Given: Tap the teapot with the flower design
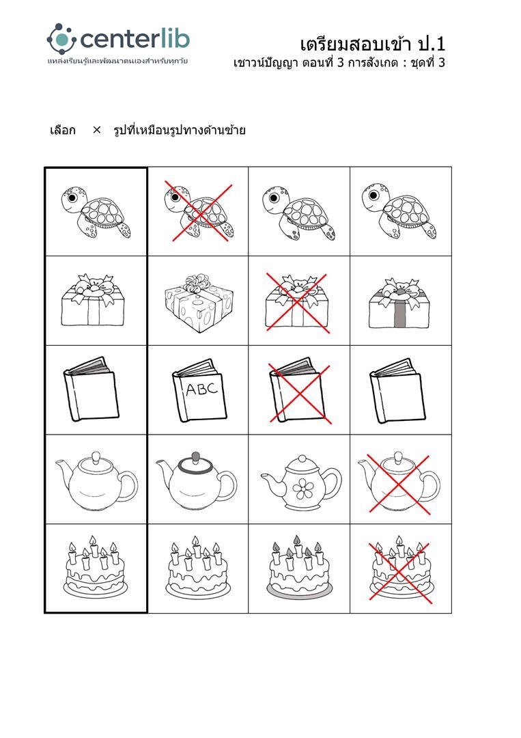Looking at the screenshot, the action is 301,482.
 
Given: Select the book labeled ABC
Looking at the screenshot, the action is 199,390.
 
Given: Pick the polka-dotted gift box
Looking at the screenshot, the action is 199,303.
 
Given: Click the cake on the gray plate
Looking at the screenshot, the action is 299,566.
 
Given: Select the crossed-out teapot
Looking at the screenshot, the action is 399,482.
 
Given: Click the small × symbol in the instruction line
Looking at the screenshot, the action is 97,130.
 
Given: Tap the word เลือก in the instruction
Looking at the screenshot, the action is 63,130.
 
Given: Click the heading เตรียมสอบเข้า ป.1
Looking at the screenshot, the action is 372,44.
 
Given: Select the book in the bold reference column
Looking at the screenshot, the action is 91,389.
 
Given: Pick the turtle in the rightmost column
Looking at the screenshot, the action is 399,211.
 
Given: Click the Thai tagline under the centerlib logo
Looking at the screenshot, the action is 117,61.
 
